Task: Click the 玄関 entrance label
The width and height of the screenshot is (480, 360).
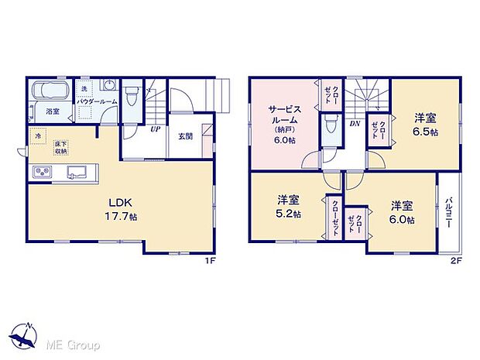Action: point(185,137)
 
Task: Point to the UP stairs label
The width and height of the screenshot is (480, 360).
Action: point(155,129)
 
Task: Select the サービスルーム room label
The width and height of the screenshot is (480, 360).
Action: point(283,124)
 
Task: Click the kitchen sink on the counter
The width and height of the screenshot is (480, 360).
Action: point(75,171)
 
